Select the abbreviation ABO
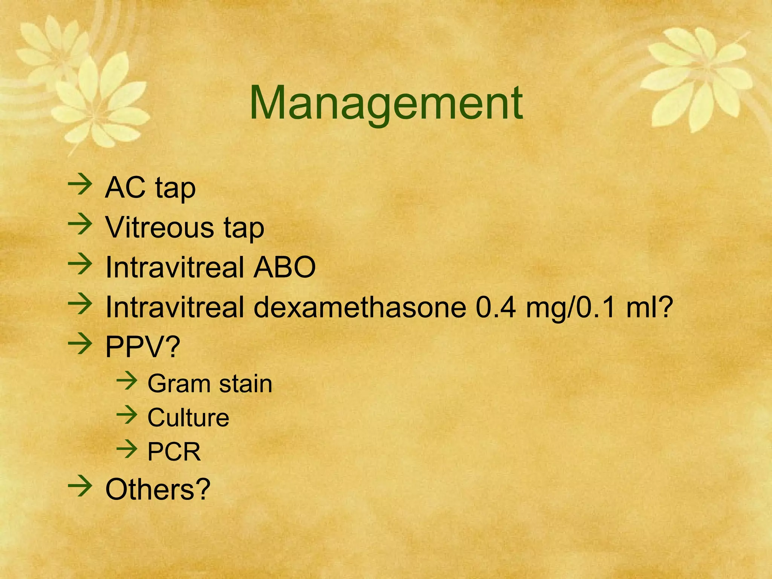click(x=284, y=267)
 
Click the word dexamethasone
click(x=360, y=307)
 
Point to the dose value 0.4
click(x=496, y=307)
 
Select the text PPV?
click(x=142, y=347)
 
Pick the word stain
click(x=245, y=384)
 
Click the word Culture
click(x=188, y=418)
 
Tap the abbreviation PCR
click(x=174, y=452)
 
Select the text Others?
click(x=158, y=489)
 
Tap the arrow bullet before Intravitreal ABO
click(x=80, y=265)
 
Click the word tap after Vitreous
click(x=244, y=228)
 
